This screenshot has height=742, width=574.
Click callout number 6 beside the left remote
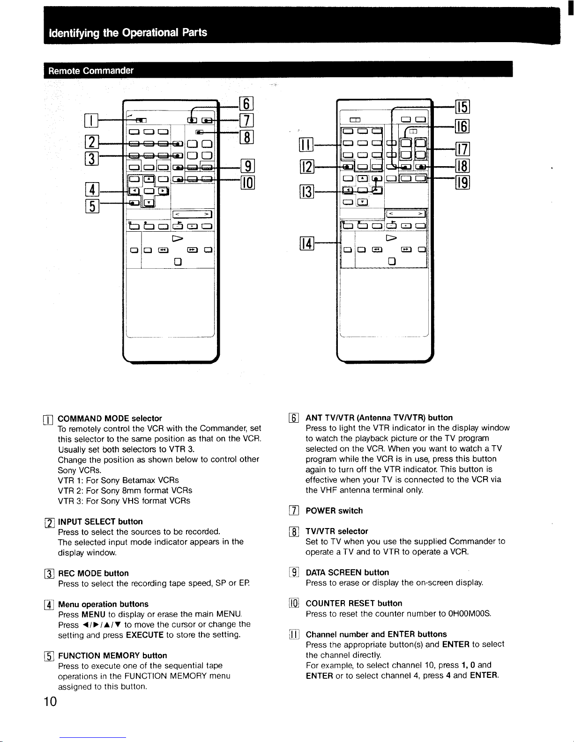246,104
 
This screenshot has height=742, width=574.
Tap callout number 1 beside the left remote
91,120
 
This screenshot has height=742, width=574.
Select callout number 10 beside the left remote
248,183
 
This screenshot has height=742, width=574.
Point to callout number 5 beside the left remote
92,206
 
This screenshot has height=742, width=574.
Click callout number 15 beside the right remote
462,107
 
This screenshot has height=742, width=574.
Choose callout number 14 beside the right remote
306,243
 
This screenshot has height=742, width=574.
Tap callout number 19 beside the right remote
462,183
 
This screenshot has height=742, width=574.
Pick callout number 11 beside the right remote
306,145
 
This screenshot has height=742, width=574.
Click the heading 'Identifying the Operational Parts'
128,33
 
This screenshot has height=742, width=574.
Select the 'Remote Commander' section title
90,71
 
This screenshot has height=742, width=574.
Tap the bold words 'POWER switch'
334,510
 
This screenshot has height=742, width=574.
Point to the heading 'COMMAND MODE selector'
110,419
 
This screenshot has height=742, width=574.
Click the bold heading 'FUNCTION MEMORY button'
112,655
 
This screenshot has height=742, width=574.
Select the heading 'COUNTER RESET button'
354,603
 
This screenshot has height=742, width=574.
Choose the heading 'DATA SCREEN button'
347,572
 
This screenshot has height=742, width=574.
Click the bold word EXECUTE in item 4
144,635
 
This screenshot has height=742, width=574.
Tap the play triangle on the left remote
178,238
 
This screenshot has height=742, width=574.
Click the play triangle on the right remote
391,238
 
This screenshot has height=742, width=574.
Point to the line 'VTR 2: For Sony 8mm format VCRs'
125,490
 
